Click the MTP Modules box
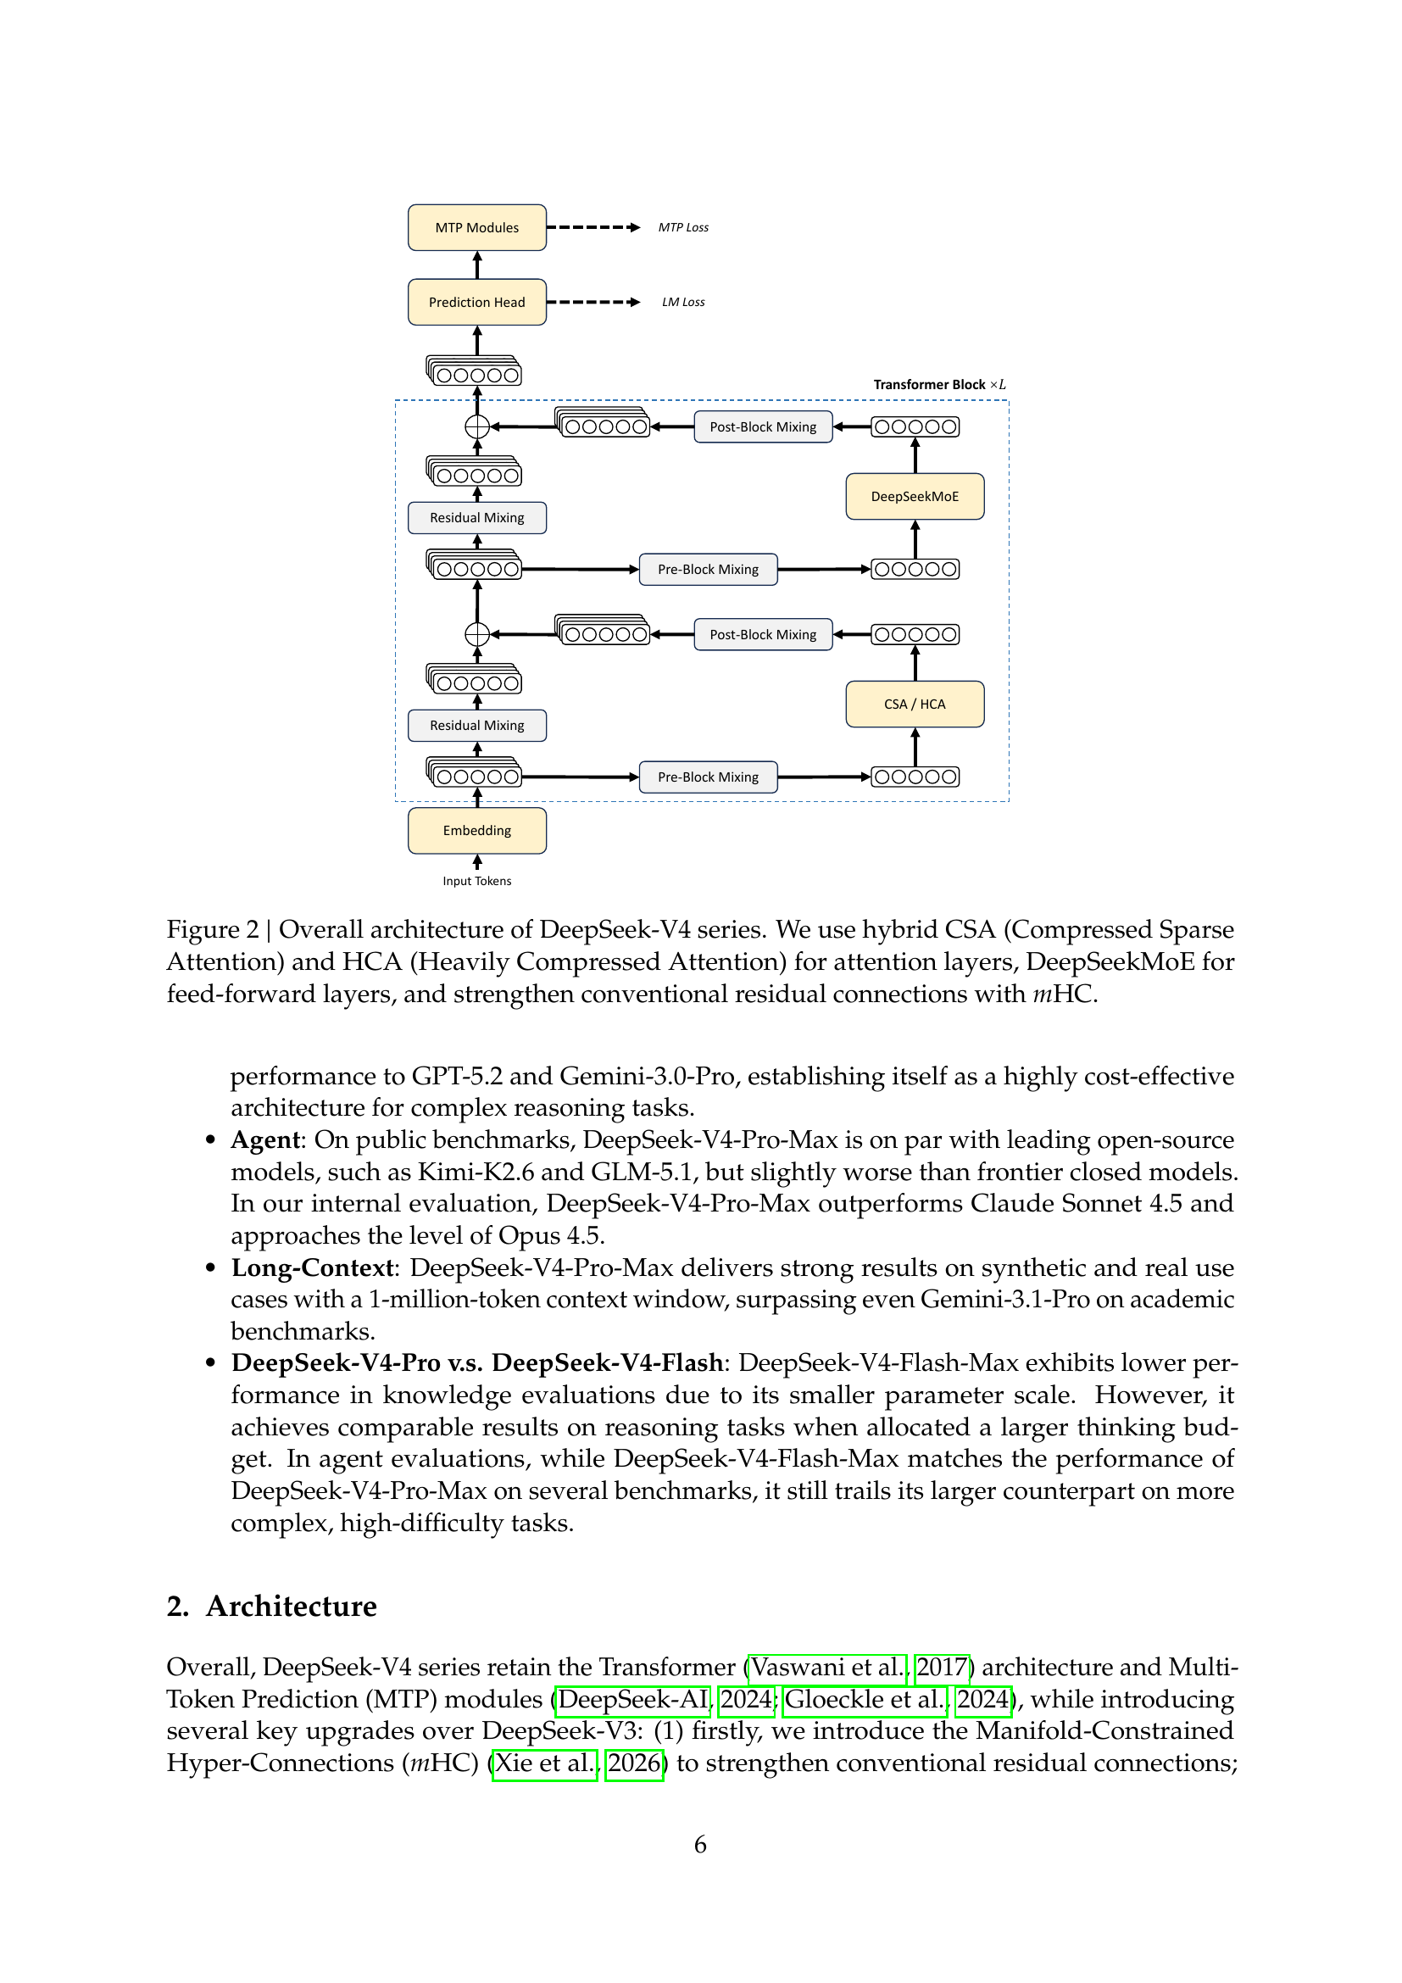coord(476,227)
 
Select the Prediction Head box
coord(476,303)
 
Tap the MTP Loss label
coord(683,227)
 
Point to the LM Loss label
coord(683,303)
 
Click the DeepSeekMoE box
coord(915,497)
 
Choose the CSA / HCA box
coord(915,704)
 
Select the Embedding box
coord(476,830)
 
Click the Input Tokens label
coord(476,881)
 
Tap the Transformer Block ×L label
coord(938,384)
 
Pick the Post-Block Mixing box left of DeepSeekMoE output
coord(762,426)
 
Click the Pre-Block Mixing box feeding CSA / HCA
coord(708,777)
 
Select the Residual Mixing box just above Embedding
coord(476,726)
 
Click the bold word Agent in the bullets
coord(266,1140)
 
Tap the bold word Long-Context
coord(312,1267)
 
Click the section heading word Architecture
coord(291,1607)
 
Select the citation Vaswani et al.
coord(827,1667)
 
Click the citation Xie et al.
coord(544,1763)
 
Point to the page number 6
coord(700,1845)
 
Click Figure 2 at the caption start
coord(213,929)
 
